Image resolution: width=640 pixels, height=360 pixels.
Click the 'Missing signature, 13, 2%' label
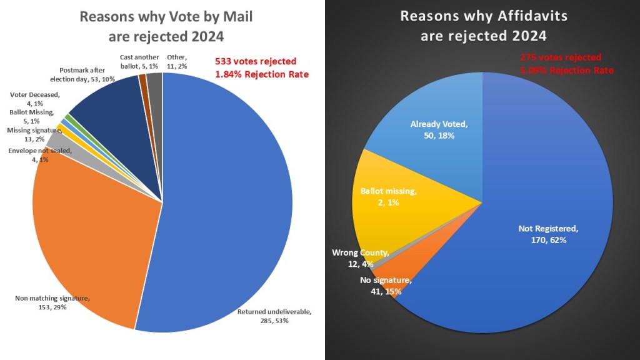[33, 134]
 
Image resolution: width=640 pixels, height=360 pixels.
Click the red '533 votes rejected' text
[256, 62]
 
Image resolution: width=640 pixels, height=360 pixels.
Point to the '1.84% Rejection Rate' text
[262, 75]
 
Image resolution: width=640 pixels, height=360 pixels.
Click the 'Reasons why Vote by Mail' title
[166, 17]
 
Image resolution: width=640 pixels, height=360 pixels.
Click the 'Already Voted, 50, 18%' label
[439, 129]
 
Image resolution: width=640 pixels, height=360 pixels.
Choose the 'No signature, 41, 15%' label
[384, 285]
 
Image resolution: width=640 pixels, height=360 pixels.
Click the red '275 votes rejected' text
[561, 57]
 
